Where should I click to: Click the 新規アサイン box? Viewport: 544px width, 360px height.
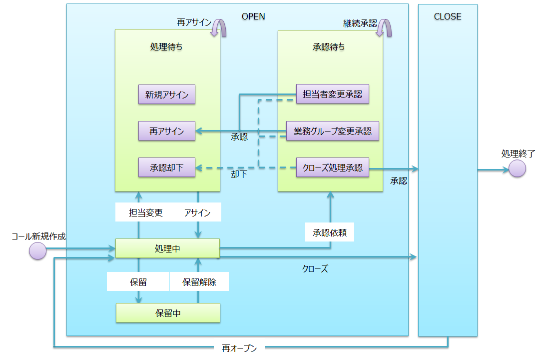(167, 94)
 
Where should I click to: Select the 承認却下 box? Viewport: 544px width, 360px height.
(167, 167)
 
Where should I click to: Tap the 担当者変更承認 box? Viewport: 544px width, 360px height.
(332, 94)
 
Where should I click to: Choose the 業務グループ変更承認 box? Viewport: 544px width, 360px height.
(332, 131)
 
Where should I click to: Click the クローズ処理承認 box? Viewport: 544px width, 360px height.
(332, 167)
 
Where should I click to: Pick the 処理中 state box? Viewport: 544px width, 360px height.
(167, 248)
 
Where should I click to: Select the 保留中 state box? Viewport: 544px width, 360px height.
(168, 313)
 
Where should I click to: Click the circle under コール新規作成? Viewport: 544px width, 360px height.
(38, 250)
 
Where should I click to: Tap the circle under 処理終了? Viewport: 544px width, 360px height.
(518, 168)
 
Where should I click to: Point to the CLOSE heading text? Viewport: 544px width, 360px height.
(448, 16)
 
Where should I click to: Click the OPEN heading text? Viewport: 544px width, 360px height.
(253, 16)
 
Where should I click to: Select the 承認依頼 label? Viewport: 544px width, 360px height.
(330, 232)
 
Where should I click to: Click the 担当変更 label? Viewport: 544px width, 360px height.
(146, 212)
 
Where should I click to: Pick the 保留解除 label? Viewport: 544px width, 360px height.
(199, 282)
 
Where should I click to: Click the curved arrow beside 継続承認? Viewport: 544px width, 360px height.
(384, 27)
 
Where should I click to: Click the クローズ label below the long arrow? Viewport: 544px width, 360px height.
(315, 269)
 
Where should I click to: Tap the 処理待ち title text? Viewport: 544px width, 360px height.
(166, 47)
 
